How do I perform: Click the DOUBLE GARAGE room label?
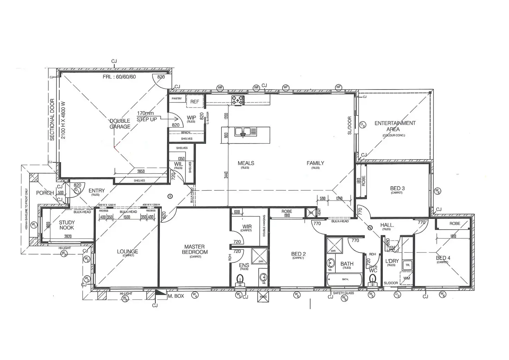pos(120,123)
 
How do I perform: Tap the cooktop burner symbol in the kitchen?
pos(238,100)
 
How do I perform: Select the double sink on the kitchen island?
pos(243,131)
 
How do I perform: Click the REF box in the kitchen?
pos(195,102)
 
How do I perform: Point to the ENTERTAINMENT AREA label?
pos(395,126)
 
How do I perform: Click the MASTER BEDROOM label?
pos(194,249)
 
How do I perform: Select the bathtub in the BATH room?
pos(345,279)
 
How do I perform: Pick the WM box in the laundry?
pos(407,278)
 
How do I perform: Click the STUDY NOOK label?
pos(66,225)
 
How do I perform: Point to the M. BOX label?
pos(176,296)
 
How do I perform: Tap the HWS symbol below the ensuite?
pos(263,297)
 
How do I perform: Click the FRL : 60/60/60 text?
pos(119,77)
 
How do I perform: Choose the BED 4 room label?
pos(443,258)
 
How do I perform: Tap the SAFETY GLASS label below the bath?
pos(343,293)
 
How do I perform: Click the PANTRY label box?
pos(177,99)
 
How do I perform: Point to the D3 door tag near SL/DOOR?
pos(362,124)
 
